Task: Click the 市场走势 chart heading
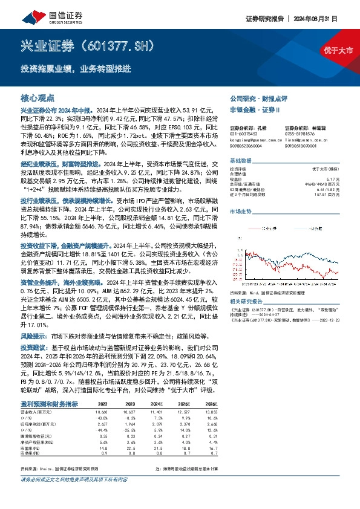(240, 212)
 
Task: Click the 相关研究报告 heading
(246, 300)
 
